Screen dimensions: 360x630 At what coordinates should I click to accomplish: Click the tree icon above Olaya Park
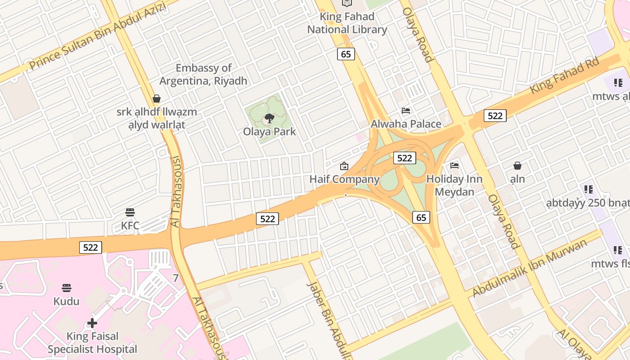(270, 119)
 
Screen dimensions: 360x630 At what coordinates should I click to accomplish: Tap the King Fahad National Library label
(347, 23)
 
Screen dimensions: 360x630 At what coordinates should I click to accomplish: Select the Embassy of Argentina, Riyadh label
(203, 74)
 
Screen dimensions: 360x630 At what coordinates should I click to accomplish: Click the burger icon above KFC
(130, 212)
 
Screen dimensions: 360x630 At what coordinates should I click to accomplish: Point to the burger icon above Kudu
(67, 288)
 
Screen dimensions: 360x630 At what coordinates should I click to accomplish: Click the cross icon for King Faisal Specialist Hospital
(92, 323)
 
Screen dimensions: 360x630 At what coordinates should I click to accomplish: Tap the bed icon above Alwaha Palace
(406, 111)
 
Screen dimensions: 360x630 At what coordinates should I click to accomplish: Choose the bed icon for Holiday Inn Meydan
(454, 166)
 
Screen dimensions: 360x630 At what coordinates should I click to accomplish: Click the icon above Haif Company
(344, 166)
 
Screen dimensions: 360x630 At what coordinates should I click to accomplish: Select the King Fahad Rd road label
(565, 75)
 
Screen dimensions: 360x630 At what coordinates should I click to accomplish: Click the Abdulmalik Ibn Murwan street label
(530, 268)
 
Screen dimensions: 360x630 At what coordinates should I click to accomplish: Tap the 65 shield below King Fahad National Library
(346, 54)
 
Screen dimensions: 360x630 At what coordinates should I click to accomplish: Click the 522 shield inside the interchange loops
(405, 158)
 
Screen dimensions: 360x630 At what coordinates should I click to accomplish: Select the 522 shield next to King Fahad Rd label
(495, 116)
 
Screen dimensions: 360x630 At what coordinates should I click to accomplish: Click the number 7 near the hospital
(175, 278)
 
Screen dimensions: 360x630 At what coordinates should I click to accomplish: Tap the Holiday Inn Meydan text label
(454, 185)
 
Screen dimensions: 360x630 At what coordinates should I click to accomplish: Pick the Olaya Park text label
(270, 132)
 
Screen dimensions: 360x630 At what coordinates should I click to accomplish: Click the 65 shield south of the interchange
(421, 218)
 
